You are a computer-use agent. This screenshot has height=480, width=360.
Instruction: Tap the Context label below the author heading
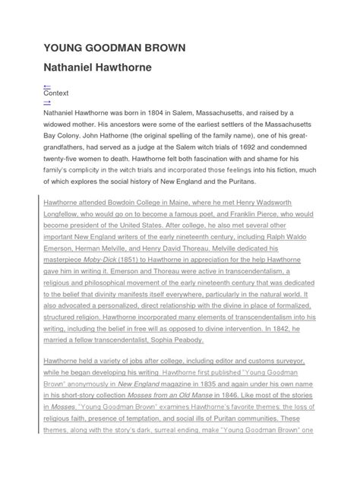pyautogui.click(x=56, y=94)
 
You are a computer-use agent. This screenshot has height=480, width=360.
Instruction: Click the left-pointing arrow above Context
pyautogui.click(x=47, y=87)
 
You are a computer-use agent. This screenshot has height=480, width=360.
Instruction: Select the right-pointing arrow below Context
pyautogui.click(x=47, y=102)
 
